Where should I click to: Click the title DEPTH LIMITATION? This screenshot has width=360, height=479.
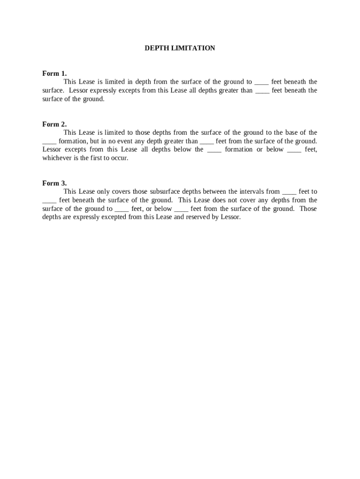[x=180, y=48]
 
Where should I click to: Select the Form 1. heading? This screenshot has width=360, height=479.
[x=54, y=73]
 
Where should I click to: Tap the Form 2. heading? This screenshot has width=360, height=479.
[x=54, y=124]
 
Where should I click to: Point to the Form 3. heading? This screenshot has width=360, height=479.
[x=54, y=183]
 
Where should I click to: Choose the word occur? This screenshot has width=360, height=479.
[x=119, y=158]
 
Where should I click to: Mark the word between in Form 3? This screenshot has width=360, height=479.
[x=214, y=192]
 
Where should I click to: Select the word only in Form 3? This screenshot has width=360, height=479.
[x=103, y=192]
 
